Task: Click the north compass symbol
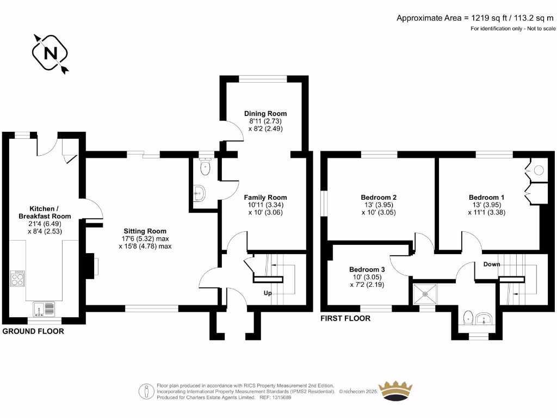click(x=51, y=53)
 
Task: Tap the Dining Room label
click(x=265, y=114)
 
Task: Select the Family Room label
click(x=265, y=198)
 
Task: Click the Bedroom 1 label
click(x=486, y=198)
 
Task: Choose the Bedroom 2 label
click(x=379, y=198)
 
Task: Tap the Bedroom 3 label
click(x=367, y=269)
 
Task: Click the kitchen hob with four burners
click(x=17, y=279)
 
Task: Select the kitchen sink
click(x=44, y=309)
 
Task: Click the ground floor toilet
click(x=205, y=167)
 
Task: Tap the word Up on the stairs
click(x=268, y=293)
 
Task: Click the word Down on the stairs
click(x=492, y=265)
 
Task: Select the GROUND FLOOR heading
click(x=33, y=331)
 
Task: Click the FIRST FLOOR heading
click(x=345, y=318)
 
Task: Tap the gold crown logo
click(x=396, y=390)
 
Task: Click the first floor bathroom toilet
click(x=468, y=317)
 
